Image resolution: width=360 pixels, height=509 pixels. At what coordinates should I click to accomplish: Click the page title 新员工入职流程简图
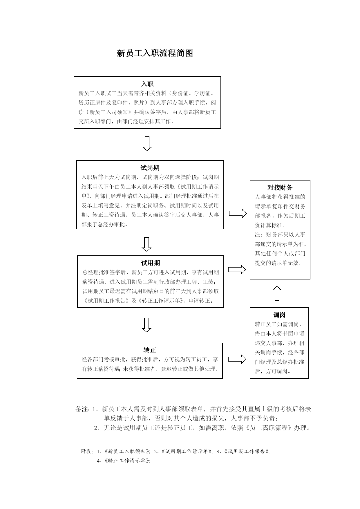tap(155, 53)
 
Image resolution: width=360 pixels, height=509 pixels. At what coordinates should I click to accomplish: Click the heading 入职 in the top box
tap(147, 84)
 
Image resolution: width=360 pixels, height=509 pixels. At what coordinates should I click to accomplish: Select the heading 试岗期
tap(150, 168)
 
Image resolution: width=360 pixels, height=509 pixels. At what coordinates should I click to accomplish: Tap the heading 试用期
tap(150, 263)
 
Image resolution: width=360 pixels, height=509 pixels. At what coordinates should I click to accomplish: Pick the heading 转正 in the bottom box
tap(150, 350)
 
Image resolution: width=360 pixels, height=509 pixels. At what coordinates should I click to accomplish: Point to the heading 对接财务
tap(280, 187)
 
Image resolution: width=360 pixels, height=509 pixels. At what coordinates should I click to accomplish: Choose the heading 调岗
tap(279, 315)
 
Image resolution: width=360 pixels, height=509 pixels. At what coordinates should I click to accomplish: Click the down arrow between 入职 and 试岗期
tap(147, 144)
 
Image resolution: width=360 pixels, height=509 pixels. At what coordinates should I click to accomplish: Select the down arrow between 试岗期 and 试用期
tap(146, 244)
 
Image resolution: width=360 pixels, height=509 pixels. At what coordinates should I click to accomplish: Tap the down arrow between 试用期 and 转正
tap(146, 325)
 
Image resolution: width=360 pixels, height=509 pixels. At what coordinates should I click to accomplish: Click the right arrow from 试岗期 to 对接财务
tap(238, 214)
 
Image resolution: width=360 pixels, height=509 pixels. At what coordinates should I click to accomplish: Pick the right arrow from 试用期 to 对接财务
tap(237, 270)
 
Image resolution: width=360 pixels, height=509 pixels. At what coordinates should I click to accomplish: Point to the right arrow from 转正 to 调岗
tap(237, 359)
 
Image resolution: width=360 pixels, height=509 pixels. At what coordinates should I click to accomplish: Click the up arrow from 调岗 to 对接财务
tap(277, 293)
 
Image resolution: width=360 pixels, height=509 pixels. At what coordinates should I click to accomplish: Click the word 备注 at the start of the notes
tap(82, 409)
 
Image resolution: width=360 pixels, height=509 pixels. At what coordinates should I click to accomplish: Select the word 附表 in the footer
tap(86, 451)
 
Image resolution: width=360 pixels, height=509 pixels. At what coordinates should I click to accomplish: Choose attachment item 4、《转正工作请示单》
tap(123, 461)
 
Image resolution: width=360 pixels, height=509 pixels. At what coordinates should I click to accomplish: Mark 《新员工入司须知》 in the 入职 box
tap(108, 112)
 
